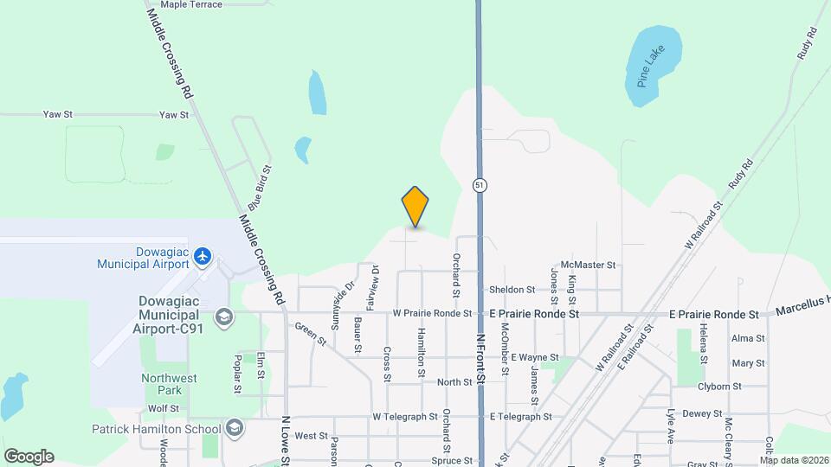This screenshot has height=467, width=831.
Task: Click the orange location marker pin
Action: click(415, 207)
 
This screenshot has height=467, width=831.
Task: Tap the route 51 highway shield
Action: click(479, 185)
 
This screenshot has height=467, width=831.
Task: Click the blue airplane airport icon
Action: click(203, 256)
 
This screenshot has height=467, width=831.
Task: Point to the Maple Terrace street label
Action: click(191, 4)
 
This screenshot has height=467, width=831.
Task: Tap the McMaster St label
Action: click(588, 265)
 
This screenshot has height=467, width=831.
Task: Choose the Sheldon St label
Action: click(512, 290)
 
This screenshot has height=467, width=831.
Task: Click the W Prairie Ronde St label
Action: click(432, 313)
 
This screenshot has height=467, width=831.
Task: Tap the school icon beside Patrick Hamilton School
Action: click(234, 428)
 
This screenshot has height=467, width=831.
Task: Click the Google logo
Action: click(29, 456)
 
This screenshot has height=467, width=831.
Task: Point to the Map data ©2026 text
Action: click(794, 460)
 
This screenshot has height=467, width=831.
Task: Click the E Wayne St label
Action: click(534, 357)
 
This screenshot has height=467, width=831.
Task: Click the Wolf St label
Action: click(163, 408)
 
